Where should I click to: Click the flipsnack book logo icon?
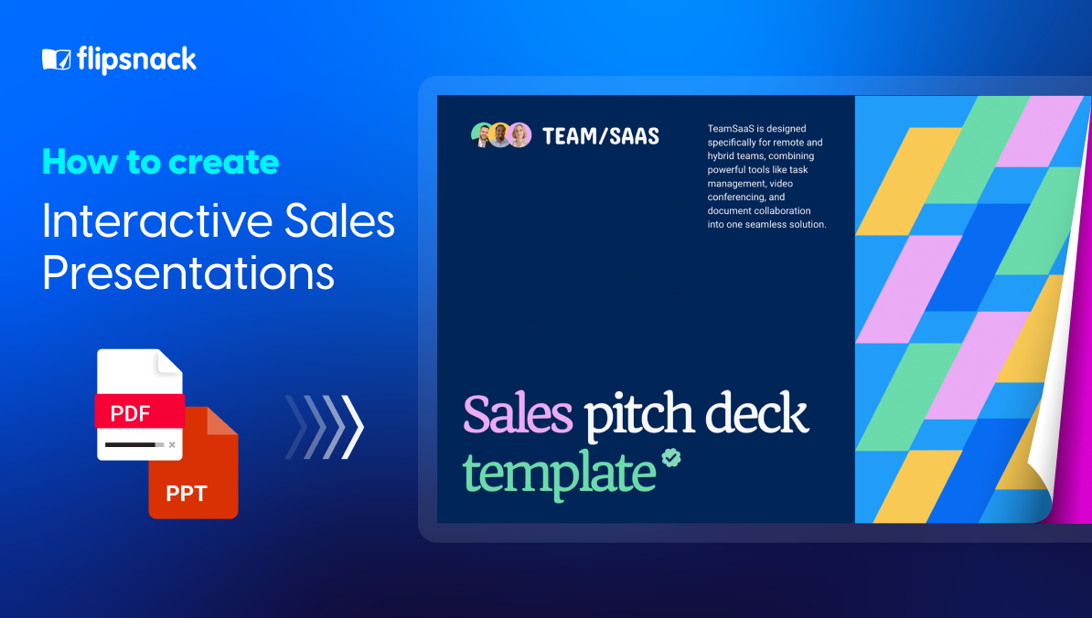coord(56,60)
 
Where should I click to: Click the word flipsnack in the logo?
coord(135,60)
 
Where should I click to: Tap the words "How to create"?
coord(160,162)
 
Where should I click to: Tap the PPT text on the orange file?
coord(187,495)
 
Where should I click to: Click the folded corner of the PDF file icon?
coord(170,361)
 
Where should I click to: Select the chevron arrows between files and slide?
coord(325,426)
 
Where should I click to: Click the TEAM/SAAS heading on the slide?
coord(600,136)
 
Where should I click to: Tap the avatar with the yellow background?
coord(500,135)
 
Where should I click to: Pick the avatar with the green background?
coord(482,135)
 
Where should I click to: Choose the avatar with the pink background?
coord(519,135)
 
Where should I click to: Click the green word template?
coord(559,473)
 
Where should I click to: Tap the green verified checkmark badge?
coord(672,457)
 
